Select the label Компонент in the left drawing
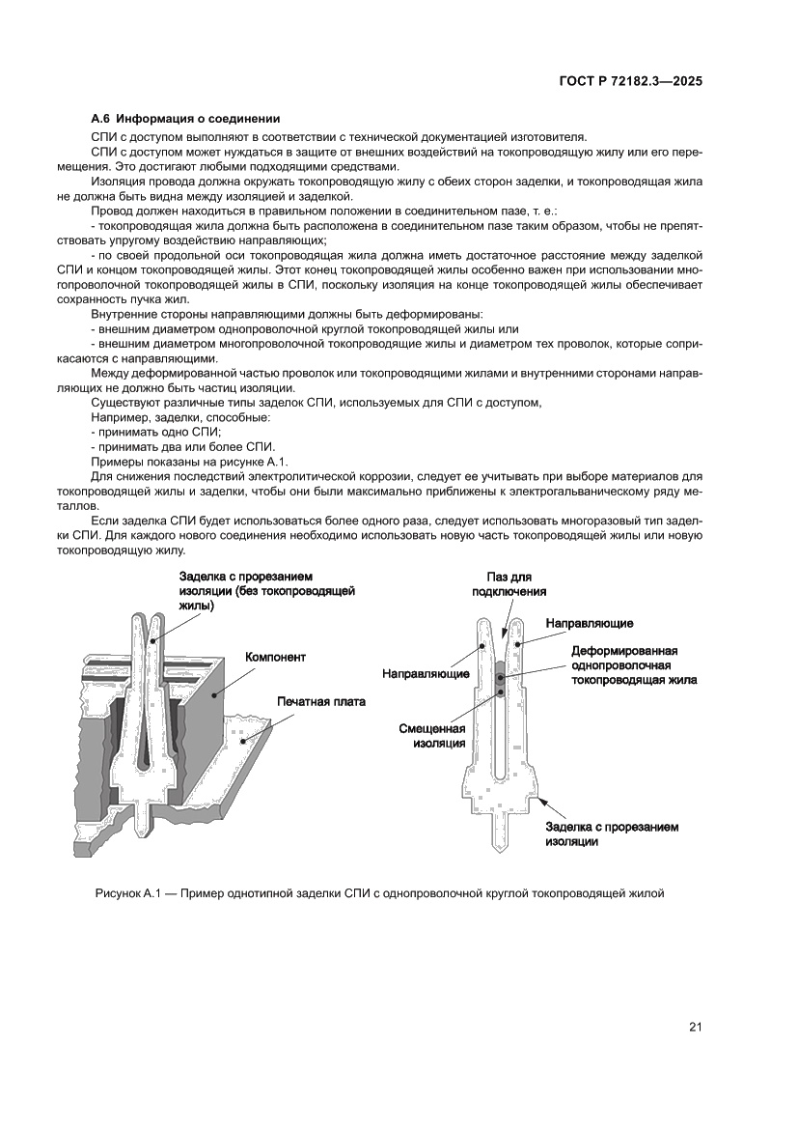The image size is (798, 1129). (276, 657)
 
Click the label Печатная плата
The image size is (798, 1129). (321, 702)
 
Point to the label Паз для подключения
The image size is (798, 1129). (509, 584)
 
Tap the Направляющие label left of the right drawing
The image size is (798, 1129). (427, 672)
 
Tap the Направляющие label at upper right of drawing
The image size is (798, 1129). (590, 624)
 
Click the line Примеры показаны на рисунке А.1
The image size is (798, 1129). (182, 462)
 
